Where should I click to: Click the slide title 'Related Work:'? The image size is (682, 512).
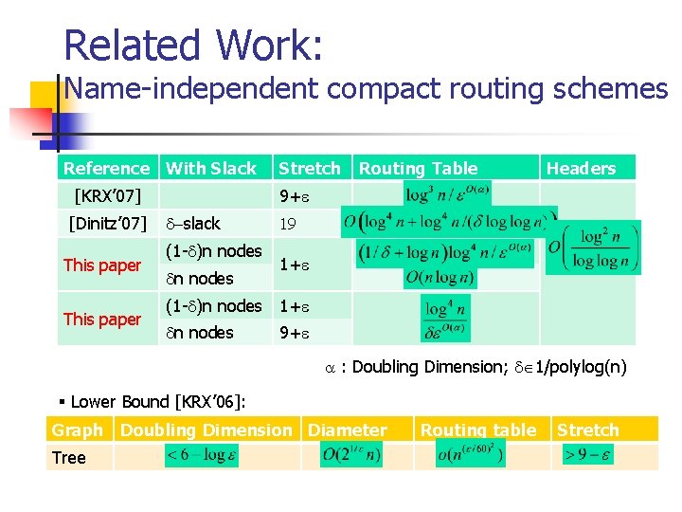click(x=193, y=45)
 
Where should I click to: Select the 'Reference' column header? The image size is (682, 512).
click(x=106, y=169)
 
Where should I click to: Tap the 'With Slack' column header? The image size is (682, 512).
click(x=211, y=169)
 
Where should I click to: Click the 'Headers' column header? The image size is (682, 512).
click(x=581, y=169)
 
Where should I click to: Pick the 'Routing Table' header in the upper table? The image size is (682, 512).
click(x=418, y=169)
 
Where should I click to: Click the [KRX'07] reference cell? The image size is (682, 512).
click(x=107, y=196)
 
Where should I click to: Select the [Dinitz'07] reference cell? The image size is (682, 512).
click(x=107, y=224)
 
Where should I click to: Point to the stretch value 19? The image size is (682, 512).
click(x=287, y=224)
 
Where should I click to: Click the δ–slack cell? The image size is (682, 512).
click(x=193, y=224)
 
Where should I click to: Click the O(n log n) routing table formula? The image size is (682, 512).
click(x=444, y=278)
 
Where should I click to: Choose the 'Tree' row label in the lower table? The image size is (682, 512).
click(x=69, y=458)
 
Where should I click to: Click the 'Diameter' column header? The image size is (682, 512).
click(x=348, y=430)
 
